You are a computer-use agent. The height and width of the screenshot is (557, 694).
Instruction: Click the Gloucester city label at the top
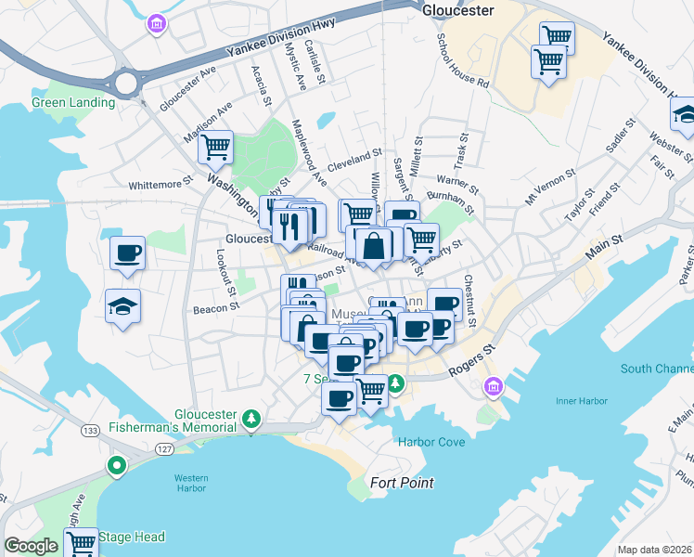(x=457, y=10)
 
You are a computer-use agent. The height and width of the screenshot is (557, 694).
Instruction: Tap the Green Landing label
(x=73, y=102)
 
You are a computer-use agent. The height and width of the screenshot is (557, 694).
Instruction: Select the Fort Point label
(x=402, y=483)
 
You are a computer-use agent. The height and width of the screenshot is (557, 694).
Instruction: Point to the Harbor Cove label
(x=431, y=442)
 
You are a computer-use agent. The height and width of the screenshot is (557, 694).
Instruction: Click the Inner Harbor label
(x=581, y=400)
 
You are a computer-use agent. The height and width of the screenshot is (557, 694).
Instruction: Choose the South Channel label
(x=656, y=369)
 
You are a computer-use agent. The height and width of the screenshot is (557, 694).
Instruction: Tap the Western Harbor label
(x=191, y=484)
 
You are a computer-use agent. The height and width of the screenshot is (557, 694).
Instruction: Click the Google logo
(x=31, y=546)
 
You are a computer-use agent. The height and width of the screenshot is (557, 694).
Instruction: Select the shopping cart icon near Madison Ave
(x=215, y=146)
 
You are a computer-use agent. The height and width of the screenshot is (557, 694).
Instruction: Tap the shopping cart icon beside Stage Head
(x=81, y=541)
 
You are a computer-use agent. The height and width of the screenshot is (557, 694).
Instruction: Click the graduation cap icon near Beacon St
(x=122, y=305)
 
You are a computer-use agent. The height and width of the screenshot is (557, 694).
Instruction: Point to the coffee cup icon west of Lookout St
(x=127, y=252)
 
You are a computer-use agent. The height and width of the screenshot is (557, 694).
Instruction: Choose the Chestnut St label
(x=469, y=301)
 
